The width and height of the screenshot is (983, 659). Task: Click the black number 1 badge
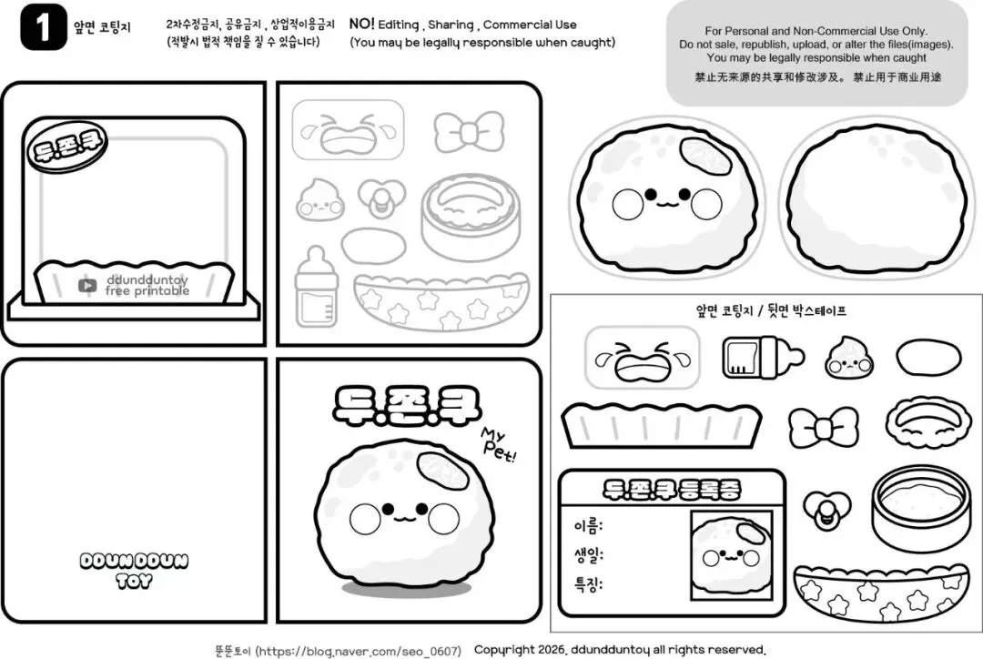pos(44,27)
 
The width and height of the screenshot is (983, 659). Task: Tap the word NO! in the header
pos(361,24)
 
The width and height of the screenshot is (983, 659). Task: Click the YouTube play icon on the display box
pos(87,286)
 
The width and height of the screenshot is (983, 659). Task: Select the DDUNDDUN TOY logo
pos(134,570)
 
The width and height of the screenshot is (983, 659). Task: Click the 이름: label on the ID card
pos(587,525)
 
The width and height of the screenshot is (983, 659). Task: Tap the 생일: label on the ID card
pos(588,555)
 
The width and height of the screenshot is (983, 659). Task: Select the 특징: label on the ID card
pos(588,584)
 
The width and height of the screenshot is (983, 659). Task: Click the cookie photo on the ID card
pos(732,556)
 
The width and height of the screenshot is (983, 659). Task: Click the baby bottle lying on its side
pos(763,358)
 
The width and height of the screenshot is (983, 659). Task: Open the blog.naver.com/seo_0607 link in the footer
pos(360,651)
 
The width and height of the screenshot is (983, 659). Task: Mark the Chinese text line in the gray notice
pos(817,77)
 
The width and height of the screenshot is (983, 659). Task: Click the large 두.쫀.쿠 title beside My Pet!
pos(406,403)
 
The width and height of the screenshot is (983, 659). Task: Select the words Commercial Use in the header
pos(530,25)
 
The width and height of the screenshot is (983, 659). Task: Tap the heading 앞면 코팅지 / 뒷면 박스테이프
pos(771,310)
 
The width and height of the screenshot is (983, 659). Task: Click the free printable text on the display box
pos(147,291)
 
